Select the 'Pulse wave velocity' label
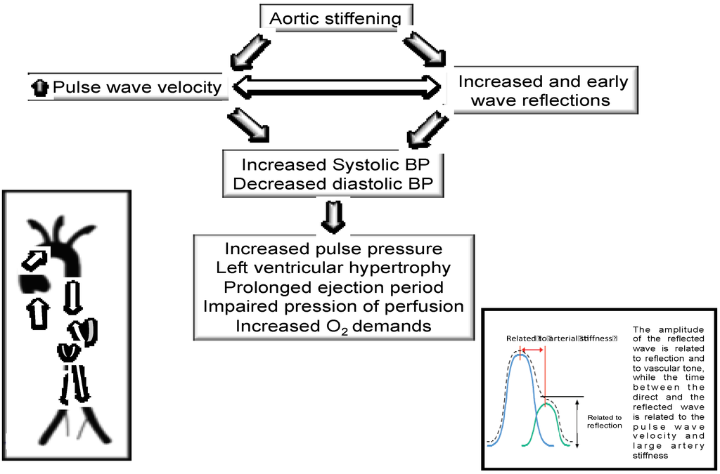(137, 87)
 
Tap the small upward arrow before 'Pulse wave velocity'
(41, 88)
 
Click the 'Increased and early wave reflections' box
(542, 91)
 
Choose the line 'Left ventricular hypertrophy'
(333, 268)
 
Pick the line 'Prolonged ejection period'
(333, 287)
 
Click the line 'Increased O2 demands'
(333, 327)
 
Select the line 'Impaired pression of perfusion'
(333, 307)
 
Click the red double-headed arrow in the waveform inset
(532, 349)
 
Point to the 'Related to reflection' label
(604, 421)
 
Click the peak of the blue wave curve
(520, 355)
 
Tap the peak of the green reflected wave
(546, 404)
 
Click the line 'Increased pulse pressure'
(333, 249)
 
